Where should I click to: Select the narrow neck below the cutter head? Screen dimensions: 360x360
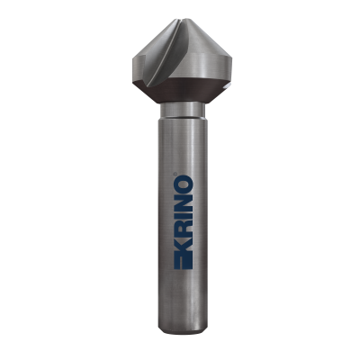click(x=183, y=110)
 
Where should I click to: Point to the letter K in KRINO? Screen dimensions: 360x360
click(x=183, y=246)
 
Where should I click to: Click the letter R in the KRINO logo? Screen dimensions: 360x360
click(x=183, y=224)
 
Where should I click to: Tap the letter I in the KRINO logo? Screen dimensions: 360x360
click(x=183, y=211)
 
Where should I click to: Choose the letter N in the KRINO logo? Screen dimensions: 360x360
click(x=183, y=197)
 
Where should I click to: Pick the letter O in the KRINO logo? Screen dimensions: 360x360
click(x=183, y=181)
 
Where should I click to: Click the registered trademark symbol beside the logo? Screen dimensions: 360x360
click(x=175, y=173)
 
